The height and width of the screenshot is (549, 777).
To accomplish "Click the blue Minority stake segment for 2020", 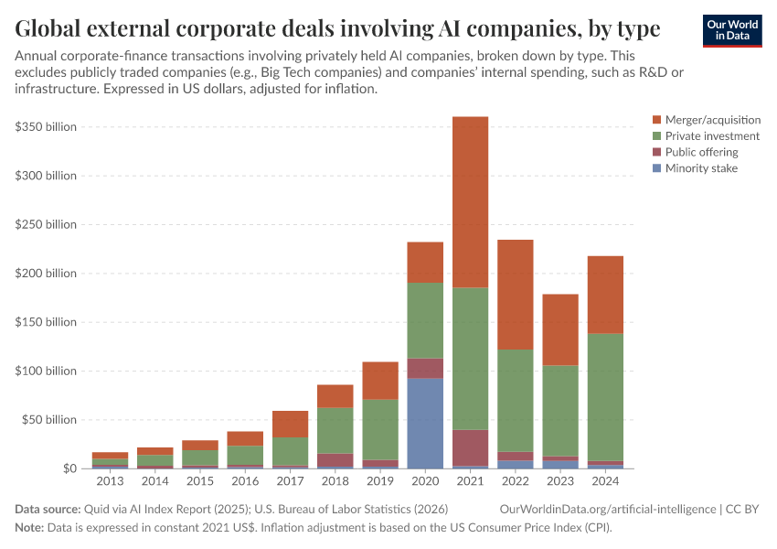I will click(x=425, y=423).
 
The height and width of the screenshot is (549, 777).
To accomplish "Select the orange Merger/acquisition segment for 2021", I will click(x=470, y=202).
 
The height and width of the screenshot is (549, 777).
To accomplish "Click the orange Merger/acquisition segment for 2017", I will click(x=291, y=424).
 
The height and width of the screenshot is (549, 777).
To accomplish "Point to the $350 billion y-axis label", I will click(x=46, y=126).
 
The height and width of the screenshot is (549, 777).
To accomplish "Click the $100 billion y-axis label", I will click(x=46, y=371).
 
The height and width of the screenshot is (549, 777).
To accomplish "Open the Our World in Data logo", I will click(x=731, y=29).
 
